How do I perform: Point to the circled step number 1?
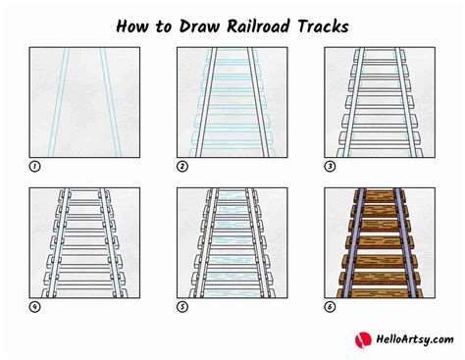pyautogui.click(x=35, y=167)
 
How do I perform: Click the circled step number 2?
pyautogui.click(x=182, y=167)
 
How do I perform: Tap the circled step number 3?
pyautogui.click(x=330, y=167)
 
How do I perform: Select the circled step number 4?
pyautogui.click(x=35, y=307)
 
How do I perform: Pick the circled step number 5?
pyautogui.click(x=182, y=307)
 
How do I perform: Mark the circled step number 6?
pyautogui.click(x=330, y=307)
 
